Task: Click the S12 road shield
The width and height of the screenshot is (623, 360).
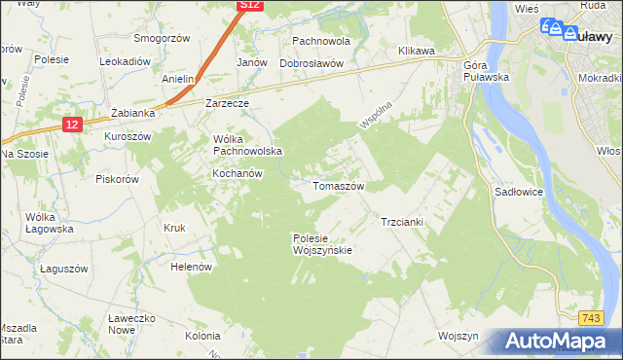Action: pyautogui.click(x=250, y=6)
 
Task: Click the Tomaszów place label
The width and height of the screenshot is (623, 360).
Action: pyautogui.click(x=338, y=186)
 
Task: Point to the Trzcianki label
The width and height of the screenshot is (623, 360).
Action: pyautogui.click(x=402, y=222)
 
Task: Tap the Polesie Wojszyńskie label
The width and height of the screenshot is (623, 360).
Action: pyautogui.click(x=322, y=243)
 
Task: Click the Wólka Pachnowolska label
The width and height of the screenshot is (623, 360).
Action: pyautogui.click(x=247, y=144)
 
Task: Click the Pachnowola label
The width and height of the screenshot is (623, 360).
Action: pyautogui.click(x=321, y=43)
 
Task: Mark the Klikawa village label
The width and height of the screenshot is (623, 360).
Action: pyautogui.click(x=416, y=50)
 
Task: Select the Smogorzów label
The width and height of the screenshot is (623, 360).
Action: pyautogui.click(x=161, y=39)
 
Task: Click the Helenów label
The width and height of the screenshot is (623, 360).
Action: pyautogui.click(x=191, y=266)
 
